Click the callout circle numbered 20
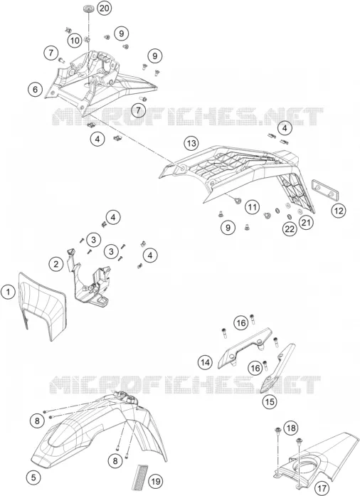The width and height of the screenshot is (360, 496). pos(104,8)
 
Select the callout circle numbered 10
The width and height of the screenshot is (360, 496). pos(75,41)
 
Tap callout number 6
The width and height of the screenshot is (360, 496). pos(35,89)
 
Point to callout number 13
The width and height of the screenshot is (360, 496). pos(191,144)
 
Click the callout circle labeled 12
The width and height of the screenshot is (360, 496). pos(339,211)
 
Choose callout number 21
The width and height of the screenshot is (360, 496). pos(306,223)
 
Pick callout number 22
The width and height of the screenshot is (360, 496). pos(290,229)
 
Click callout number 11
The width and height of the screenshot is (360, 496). pos(252,207)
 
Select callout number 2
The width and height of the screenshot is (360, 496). pos(56,264)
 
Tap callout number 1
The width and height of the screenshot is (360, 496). pos(9,292)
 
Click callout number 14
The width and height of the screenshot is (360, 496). pos(206,362)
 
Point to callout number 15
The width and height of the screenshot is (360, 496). pos(270,402)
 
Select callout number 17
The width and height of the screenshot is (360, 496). pos(322,488)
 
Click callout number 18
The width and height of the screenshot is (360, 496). pos(291,428)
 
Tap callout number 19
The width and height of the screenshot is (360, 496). pos(155,482)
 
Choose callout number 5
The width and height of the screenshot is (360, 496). pos(33,477)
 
